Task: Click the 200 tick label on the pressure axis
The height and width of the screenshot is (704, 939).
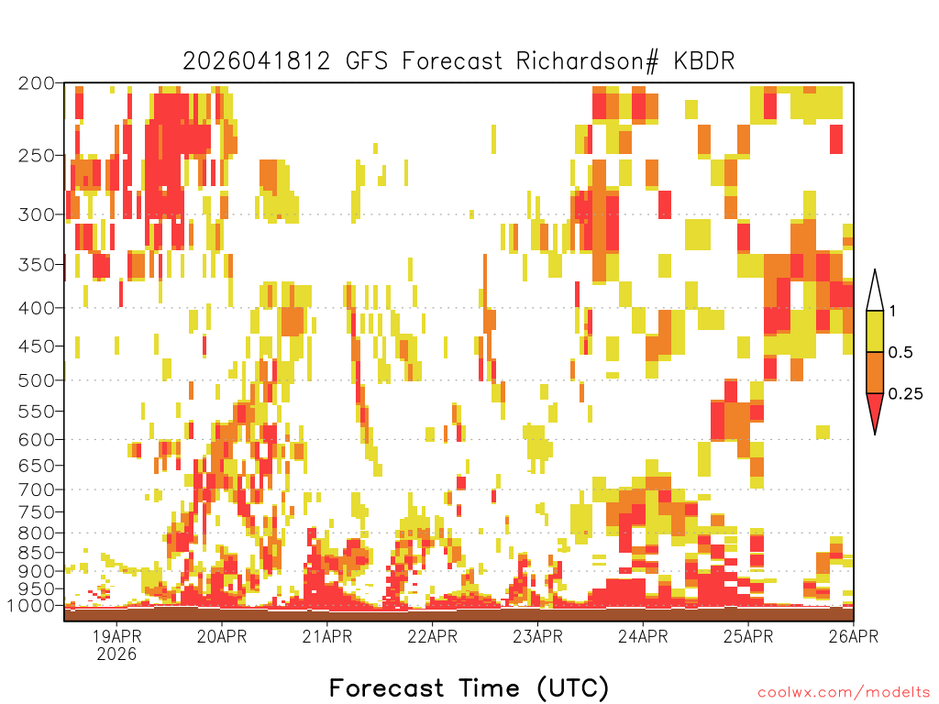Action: point(37,83)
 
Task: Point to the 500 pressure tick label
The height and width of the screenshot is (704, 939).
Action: point(37,380)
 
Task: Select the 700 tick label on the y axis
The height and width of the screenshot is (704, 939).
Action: point(37,490)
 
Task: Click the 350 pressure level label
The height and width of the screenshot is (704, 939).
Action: point(37,265)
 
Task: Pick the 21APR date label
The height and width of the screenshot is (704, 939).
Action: point(327,636)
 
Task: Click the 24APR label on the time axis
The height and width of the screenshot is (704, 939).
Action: point(643,636)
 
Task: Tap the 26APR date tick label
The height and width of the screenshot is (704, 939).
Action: point(854,636)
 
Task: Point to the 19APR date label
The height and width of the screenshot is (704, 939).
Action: point(116,636)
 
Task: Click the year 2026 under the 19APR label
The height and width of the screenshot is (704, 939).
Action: point(116,654)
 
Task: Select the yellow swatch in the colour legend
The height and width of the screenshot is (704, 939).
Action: point(875,331)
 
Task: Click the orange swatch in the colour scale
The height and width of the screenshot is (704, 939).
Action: point(875,372)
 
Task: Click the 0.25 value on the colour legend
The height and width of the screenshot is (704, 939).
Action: point(905,394)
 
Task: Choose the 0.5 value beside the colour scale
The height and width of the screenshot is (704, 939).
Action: point(900,353)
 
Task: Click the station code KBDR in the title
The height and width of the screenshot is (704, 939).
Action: point(703,61)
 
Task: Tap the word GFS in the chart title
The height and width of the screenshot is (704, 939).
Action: point(367,61)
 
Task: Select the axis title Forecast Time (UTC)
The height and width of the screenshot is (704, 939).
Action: point(469,688)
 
